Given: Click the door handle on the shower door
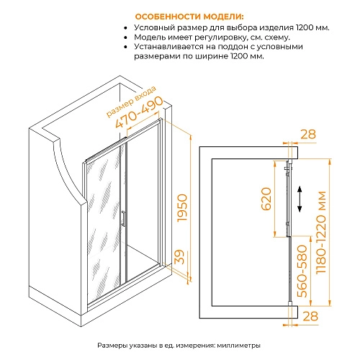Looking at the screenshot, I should [x=125, y=218].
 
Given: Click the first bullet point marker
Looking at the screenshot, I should [x=126, y=27].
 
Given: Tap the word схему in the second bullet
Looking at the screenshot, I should [x=276, y=37].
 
